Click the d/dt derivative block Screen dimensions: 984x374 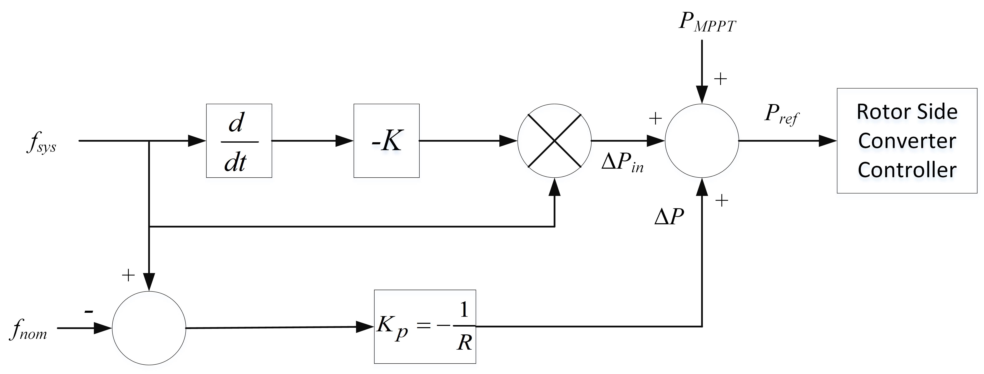pos(239,141)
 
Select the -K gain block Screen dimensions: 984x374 pos(387,141)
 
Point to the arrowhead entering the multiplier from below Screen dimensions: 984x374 pos(554,187)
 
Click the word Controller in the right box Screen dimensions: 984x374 pos(907,170)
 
